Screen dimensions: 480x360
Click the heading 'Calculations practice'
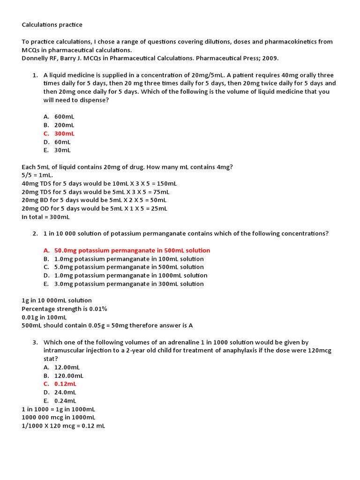(x=52, y=24)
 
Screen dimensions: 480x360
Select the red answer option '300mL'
(x=64, y=134)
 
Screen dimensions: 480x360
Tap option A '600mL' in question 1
(x=64, y=117)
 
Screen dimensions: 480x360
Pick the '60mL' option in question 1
(x=62, y=142)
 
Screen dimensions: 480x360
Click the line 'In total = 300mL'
(x=45, y=217)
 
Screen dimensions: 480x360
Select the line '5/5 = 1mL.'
(x=37, y=175)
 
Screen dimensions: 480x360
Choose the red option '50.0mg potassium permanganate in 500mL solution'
(x=132, y=250)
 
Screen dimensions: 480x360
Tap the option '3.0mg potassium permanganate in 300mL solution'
(x=129, y=284)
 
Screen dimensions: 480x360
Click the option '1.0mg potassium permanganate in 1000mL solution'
(x=131, y=275)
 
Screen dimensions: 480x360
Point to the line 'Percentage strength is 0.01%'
(x=64, y=309)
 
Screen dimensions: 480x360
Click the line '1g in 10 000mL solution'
(x=57, y=300)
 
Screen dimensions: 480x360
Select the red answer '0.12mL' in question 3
(x=65, y=384)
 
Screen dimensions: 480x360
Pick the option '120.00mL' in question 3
(x=69, y=375)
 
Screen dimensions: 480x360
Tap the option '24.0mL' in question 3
(x=65, y=392)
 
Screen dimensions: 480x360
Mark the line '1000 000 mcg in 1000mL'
(x=59, y=418)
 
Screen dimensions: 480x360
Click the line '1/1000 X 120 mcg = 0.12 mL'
(x=63, y=426)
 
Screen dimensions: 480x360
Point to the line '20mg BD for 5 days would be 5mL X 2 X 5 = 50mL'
(x=94, y=200)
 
